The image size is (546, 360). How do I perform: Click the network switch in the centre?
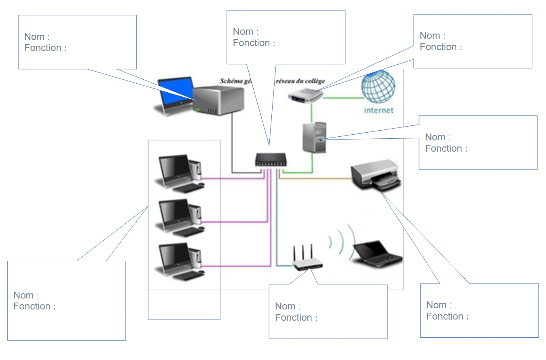[x=270, y=159]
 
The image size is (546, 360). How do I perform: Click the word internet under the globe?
[x=379, y=110]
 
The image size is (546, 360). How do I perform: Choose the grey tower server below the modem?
[x=315, y=138]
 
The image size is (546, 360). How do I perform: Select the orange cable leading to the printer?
[x=315, y=178]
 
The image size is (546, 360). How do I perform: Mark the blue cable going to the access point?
[x=277, y=227]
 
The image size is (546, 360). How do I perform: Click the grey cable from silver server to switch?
[x=232, y=146]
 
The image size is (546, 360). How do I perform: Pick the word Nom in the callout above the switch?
[x=243, y=32]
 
